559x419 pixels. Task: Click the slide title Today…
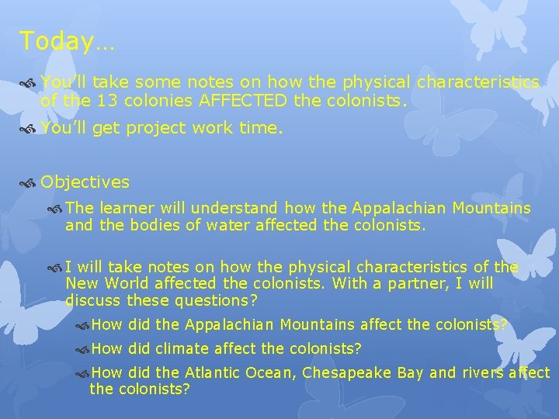coord(67,40)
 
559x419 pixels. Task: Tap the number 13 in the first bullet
coord(107,100)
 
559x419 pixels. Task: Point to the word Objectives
coord(85,182)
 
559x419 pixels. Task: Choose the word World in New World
coord(130,283)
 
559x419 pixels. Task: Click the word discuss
coord(92,300)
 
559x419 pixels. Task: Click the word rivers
coord(484,372)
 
